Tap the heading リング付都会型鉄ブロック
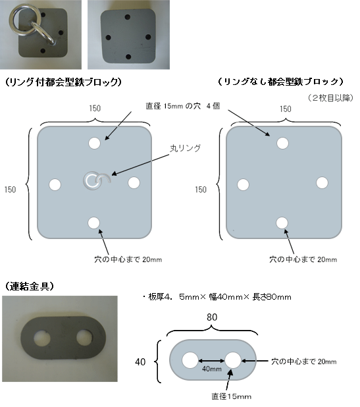pyautogui.click(x=64, y=82)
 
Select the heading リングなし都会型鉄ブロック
pyautogui.click(x=281, y=82)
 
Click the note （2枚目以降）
pyautogui.click(x=330, y=98)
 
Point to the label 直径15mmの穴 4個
pyautogui.click(x=183, y=106)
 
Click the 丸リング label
pyautogui.click(x=185, y=148)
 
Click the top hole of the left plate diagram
pyautogui.click(x=94, y=143)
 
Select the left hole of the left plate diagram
pyautogui.click(x=55, y=184)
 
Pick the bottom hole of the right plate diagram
pyautogui.click(x=282, y=223)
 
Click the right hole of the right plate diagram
pyautogui.click(x=322, y=182)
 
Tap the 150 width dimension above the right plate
pyautogui.click(x=286, y=109)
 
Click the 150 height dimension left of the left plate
pyautogui.click(x=10, y=190)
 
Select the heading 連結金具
pyautogui.click(x=30, y=286)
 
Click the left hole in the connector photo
pyautogui.click(x=42, y=339)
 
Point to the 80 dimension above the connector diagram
pyautogui.click(x=212, y=317)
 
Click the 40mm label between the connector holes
pyautogui.click(x=212, y=369)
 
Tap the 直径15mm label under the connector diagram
pyautogui.click(x=232, y=396)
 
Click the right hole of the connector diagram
pyautogui.click(x=233, y=360)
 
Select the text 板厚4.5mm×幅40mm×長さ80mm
pyautogui.click(x=219, y=296)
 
